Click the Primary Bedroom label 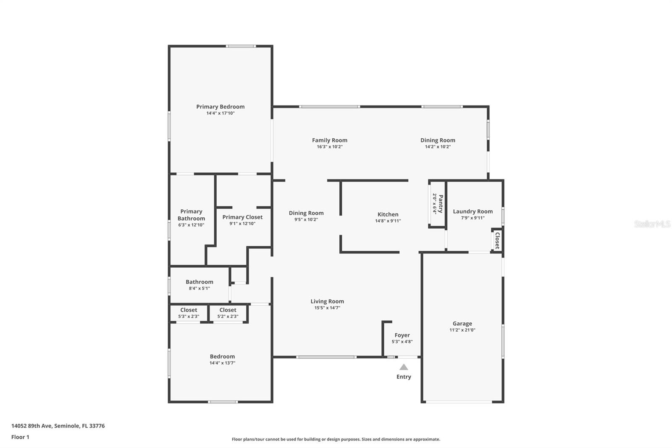pos(220,107)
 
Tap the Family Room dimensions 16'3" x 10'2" pos(330,147)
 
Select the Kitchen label pos(388,214)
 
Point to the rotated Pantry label pos(440,203)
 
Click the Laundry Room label pos(472,211)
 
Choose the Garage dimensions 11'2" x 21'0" pos(462,330)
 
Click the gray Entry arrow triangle pos(404,367)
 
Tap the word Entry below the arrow pos(404,377)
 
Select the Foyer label pos(402,335)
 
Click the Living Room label pos(327,301)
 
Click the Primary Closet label pos(242,217)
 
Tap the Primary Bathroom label pos(191,215)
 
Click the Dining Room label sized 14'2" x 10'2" pos(438,140)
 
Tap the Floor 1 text pos(20,437)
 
